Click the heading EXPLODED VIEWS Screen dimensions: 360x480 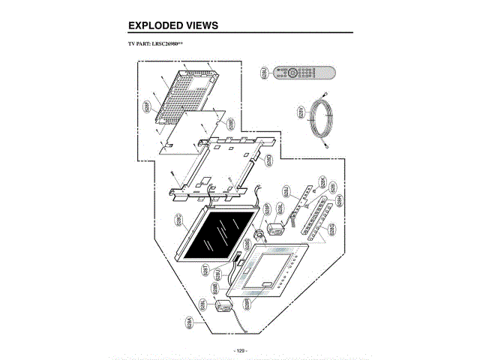click(173, 25)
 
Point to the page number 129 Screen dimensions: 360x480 click(240, 350)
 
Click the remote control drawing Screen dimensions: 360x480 click(304, 73)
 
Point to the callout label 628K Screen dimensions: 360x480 click(323, 181)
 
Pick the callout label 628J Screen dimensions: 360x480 click(286, 190)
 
